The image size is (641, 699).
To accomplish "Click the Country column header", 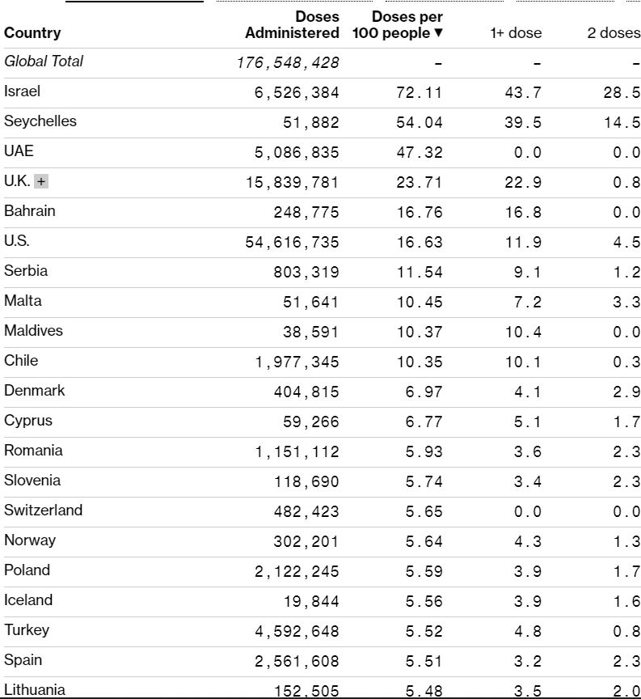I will pos(32,33).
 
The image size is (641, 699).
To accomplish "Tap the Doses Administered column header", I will pos(293,25).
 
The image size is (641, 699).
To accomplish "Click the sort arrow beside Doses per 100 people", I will pos(439,33).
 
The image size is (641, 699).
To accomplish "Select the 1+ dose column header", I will pos(516,33).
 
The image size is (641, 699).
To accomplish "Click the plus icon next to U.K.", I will pos(41,182).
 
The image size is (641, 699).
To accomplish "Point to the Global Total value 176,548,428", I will pos(288,62).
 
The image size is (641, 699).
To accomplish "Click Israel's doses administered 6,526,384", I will pos(297,92).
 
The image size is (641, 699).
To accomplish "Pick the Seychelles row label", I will pos(40,121).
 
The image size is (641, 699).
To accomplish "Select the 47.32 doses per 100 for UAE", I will pos(419,152).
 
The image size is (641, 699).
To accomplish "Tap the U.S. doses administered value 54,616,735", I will pos(292,242).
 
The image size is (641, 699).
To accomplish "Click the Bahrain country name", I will pos(30,211).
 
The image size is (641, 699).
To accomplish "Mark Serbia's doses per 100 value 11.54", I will pos(419,272).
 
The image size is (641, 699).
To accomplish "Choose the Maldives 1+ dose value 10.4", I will pos(523,332).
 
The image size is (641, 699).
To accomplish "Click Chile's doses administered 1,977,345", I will pos(297,362).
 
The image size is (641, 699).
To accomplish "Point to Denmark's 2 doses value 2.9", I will pos(626,392).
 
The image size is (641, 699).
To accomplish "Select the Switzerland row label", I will pos(43,510).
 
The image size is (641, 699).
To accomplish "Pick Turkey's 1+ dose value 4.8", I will pos(527,631).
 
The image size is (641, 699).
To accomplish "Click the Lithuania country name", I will pos(35,690).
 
